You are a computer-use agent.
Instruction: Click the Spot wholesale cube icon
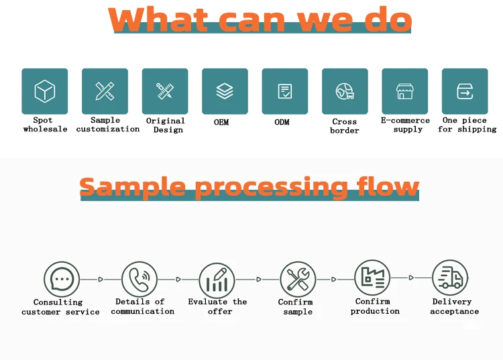[x=45, y=91]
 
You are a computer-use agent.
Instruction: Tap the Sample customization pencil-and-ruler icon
[x=105, y=91]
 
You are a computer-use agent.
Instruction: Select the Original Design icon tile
[x=165, y=91]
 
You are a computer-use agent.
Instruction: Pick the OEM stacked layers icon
[x=225, y=91]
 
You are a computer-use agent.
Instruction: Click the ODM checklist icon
[x=285, y=91]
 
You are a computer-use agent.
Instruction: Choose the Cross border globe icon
[x=345, y=91]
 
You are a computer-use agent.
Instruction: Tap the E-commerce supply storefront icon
[x=404, y=91]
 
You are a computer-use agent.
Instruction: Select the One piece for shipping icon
[x=465, y=91]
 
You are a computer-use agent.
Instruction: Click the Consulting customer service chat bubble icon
[x=61, y=279]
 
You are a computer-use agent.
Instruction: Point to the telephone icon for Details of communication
[x=139, y=279]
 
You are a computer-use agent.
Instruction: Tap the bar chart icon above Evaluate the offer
[x=217, y=279]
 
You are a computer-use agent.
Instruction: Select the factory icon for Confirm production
[x=372, y=277]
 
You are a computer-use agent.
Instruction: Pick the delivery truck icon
[x=450, y=278]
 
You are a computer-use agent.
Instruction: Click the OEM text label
[x=222, y=122]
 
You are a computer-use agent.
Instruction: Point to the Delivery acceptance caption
[x=454, y=306]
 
